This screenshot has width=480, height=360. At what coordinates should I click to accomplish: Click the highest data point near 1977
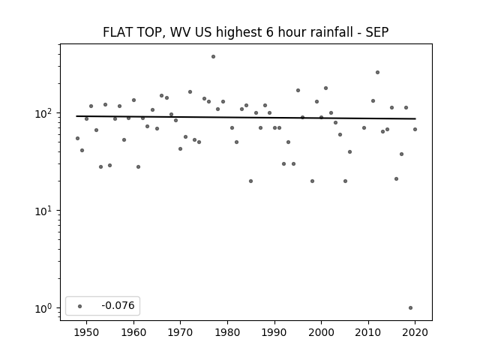213,57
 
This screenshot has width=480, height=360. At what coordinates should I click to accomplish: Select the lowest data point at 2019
410,308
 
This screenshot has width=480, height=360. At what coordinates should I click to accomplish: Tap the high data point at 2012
377,73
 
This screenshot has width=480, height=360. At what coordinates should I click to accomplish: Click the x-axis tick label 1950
87,332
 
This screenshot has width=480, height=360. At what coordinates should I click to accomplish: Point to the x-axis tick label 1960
133,332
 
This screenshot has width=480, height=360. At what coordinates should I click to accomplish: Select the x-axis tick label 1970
181,332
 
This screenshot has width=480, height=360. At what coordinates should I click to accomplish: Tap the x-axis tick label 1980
227,332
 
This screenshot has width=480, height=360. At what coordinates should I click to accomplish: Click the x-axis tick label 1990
274,332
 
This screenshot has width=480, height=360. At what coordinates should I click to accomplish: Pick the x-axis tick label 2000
322,332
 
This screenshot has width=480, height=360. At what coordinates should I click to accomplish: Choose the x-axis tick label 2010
368,332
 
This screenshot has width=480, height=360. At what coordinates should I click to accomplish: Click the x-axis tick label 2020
415,332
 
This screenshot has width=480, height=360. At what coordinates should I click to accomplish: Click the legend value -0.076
118,305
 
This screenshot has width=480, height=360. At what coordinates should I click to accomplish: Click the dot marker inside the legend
80,306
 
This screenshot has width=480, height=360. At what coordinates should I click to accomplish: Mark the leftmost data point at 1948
77,138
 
